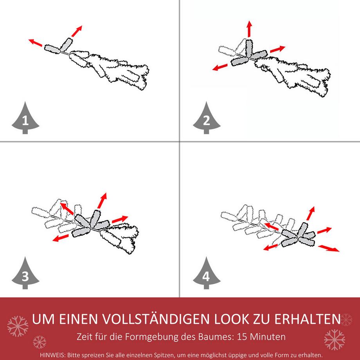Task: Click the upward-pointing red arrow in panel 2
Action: [x=249, y=29]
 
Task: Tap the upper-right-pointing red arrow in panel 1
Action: [x=77, y=31]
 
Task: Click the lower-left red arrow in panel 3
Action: [x=62, y=238]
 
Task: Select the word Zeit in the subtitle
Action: [x=85, y=337]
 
